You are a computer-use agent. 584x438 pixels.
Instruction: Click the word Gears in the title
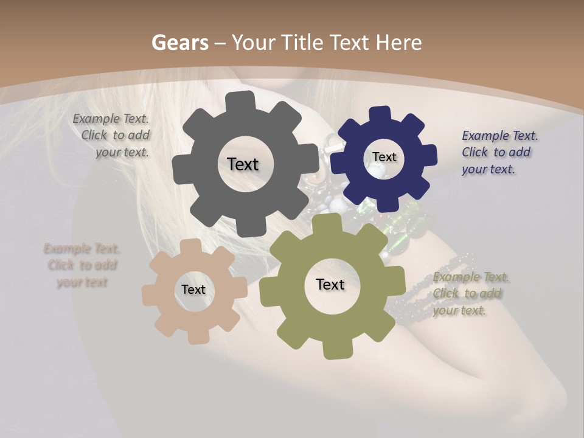[x=179, y=43]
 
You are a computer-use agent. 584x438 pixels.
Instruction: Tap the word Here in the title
[x=398, y=43]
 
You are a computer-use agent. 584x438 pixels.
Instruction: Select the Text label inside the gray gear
[x=243, y=164]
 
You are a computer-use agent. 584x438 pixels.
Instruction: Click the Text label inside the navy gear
[x=384, y=157]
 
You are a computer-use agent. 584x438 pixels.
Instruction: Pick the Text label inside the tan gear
[x=193, y=290]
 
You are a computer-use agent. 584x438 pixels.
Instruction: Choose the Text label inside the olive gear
[x=330, y=284]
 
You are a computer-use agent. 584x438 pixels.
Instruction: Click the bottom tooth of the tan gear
[x=195, y=336]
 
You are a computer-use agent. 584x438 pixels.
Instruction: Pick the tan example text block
[x=82, y=265]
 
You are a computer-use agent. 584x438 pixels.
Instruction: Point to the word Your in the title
[x=255, y=43]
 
